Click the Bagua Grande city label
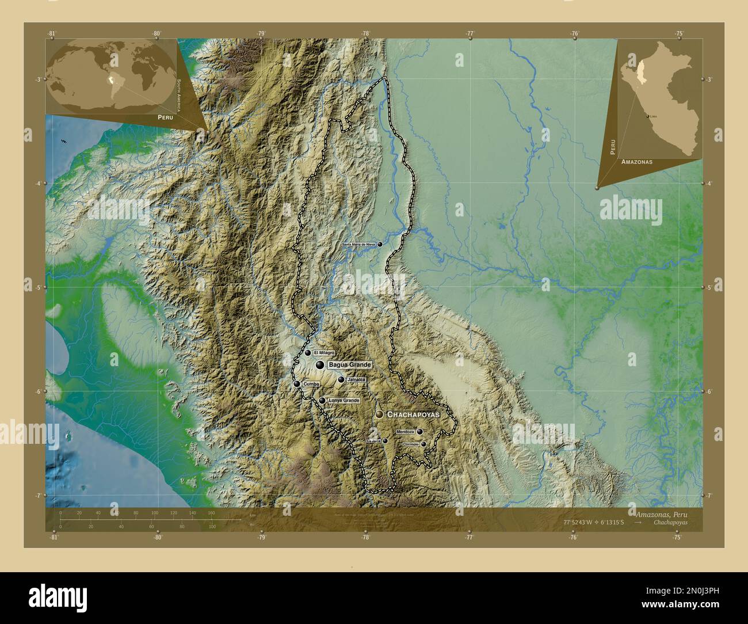click(349, 365)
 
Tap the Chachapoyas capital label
click(413, 414)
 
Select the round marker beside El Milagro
click(308, 353)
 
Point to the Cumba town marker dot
click(296, 384)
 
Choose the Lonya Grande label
click(343, 401)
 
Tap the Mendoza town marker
click(420, 432)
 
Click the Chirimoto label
click(411, 444)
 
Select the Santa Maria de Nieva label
click(358, 245)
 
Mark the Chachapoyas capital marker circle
click(379, 414)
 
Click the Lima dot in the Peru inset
click(648, 116)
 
